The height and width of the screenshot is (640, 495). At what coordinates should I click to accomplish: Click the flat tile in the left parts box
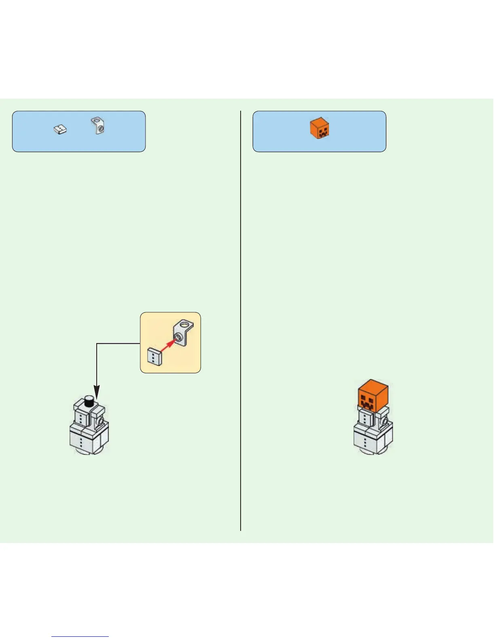coord(60,130)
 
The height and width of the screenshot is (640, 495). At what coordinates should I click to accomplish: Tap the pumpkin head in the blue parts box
coord(319,128)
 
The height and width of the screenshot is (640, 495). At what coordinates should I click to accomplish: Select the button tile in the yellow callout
coord(154,356)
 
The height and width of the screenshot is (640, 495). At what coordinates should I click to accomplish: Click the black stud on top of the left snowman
coord(89,402)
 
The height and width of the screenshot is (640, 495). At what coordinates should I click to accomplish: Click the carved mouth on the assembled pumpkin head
coord(368,404)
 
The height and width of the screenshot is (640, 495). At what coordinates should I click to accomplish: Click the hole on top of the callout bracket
coord(185,324)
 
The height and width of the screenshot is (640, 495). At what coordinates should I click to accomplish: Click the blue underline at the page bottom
coord(80,636)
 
